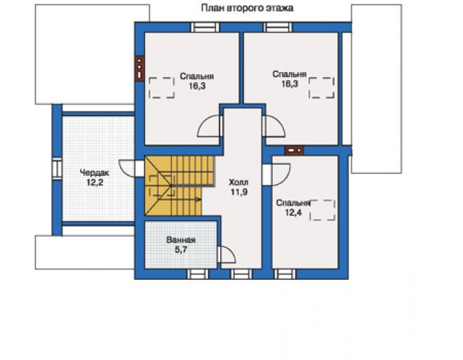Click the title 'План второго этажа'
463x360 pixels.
(x=247, y=8)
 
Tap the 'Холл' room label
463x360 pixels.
(x=238, y=182)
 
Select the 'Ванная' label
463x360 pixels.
(x=181, y=240)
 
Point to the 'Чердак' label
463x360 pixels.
(x=94, y=173)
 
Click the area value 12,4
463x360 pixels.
(x=293, y=212)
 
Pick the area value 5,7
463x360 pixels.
(x=181, y=250)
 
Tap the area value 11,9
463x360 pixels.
(x=239, y=192)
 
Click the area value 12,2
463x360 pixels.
(x=94, y=183)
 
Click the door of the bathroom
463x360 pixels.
(x=226, y=254)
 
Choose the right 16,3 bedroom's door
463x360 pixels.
(x=273, y=126)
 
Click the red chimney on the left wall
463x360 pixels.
(x=140, y=68)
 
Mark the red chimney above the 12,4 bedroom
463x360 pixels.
(x=294, y=150)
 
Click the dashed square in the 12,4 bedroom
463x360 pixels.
(x=322, y=210)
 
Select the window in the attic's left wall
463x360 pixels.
(x=57, y=169)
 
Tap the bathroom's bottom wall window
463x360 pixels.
(x=198, y=274)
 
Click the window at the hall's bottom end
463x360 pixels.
(x=242, y=274)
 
